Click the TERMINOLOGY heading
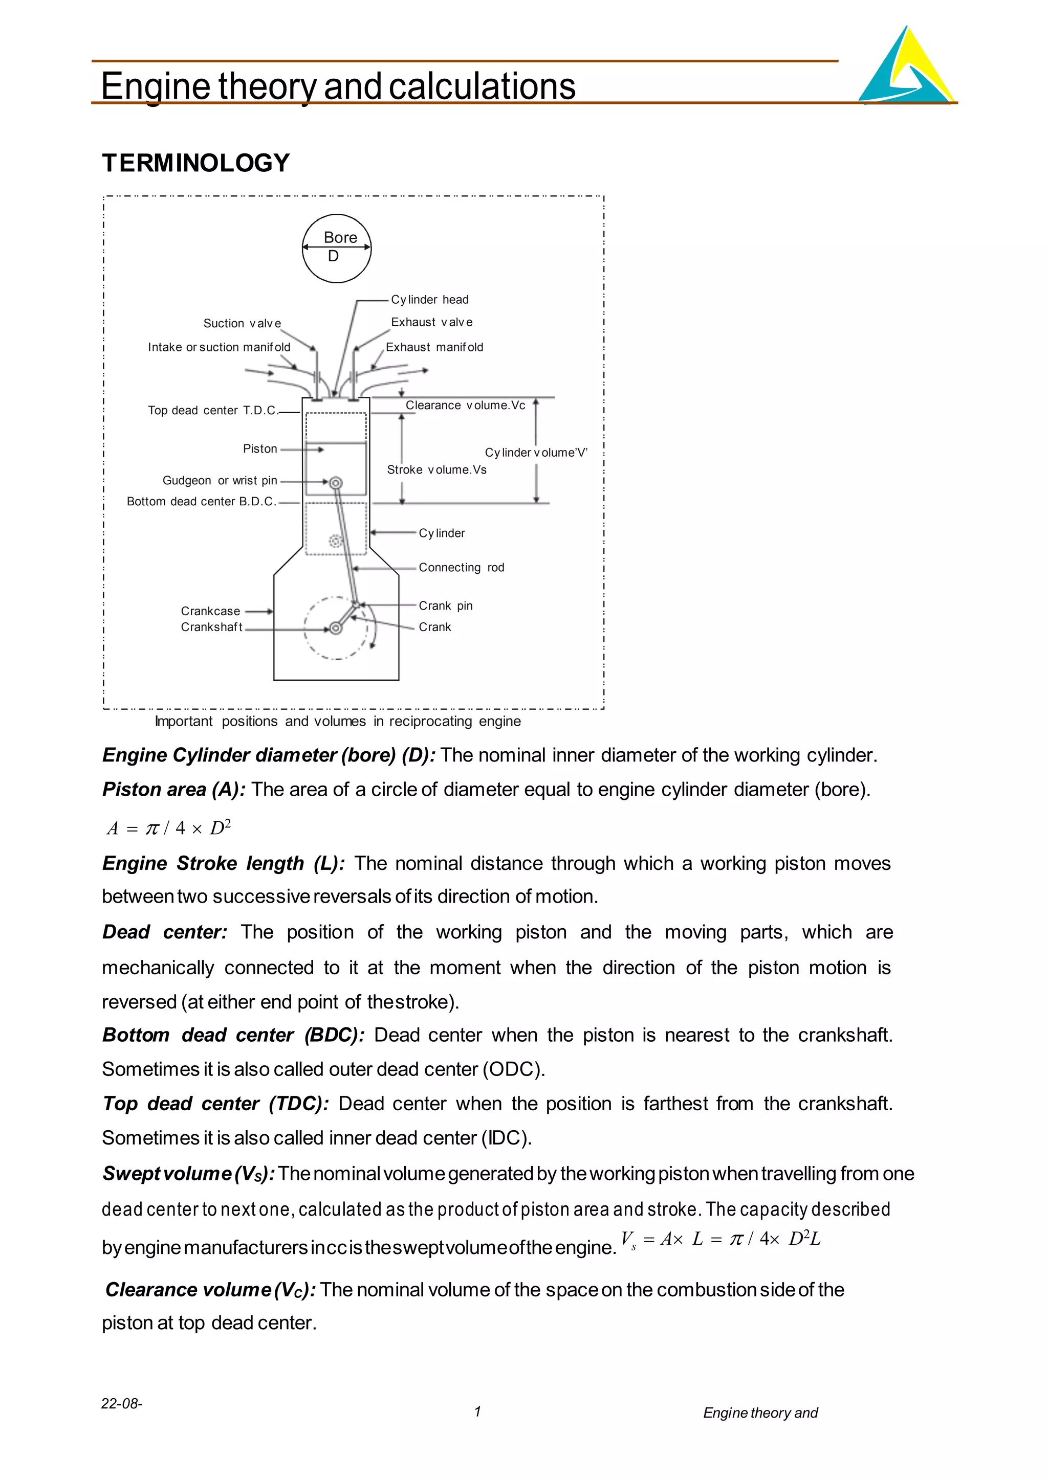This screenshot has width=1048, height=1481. point(196,163)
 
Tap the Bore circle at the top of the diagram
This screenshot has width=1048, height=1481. point(337,249)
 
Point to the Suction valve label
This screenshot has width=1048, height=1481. point(242,323)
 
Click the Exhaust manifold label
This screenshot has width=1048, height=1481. point(434,347)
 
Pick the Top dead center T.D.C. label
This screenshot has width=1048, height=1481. point(212,410)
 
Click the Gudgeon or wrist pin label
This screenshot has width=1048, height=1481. point(220,481)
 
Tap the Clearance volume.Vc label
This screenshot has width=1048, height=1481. point(465,405)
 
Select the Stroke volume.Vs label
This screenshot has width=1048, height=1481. point(436,469)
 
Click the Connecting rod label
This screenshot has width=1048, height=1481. point(462,568)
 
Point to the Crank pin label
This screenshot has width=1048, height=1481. point(445,605)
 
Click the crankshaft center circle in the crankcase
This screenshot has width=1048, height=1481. point(336,627)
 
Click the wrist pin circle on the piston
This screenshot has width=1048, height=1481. point(336,483)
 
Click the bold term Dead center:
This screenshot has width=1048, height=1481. point(165,932)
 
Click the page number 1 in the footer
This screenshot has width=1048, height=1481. point(477,1412)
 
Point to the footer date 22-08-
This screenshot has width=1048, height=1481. point(122,1404)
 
